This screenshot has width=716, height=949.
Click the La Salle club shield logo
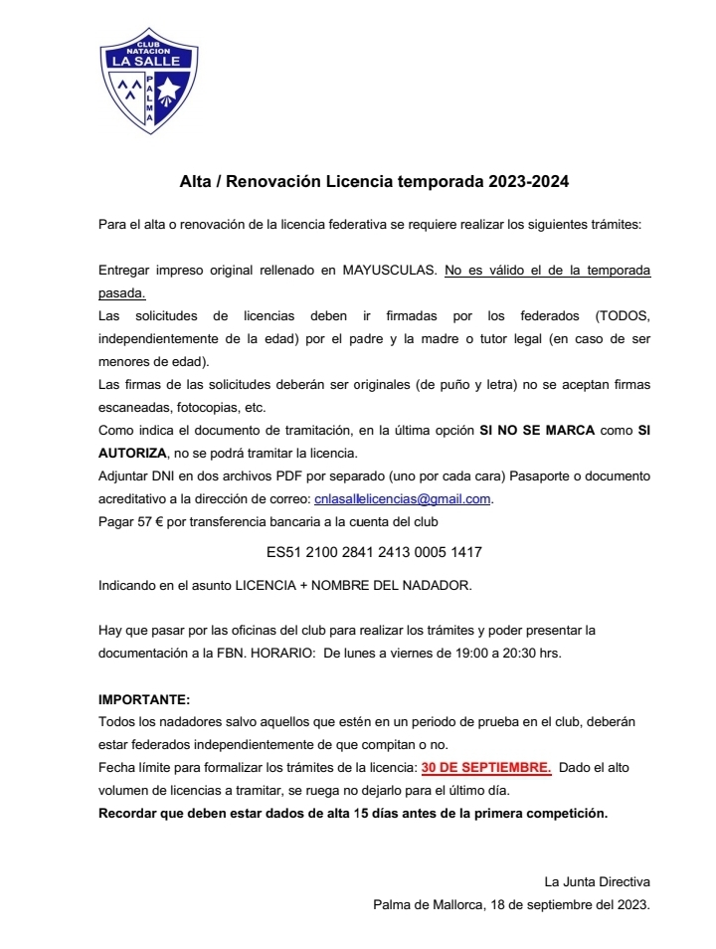pyautogui.click(x=148, y=81)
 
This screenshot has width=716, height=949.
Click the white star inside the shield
pyautogui.click(x=167, y=93)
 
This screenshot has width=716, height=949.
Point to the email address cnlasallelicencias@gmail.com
pyautogui.click(x=403, y=498)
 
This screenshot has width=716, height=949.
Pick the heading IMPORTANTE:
pyautogui.click(x=143, y=699)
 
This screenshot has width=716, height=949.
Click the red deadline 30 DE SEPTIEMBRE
pyautogui.click(x=486, y=768)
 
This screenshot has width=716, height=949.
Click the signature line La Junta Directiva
pyautogui.click(x=596, y=881)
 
